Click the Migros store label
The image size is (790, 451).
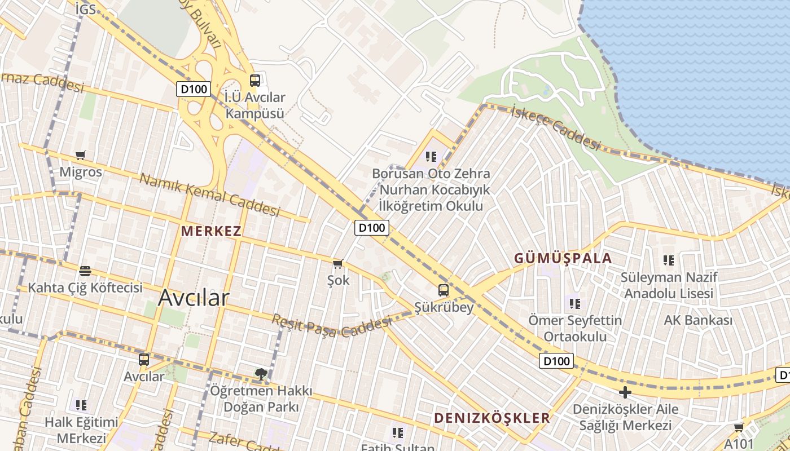click(x=81, y=172)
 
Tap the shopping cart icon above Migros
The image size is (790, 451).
click(x=81, y=155)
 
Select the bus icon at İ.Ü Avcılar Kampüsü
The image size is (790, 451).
click(x=255, y=80)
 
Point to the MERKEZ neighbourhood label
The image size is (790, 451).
click(x=211, y=231)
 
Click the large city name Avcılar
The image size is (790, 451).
click(x=194, y=298)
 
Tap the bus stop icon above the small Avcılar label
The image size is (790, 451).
click(x=144, y=359)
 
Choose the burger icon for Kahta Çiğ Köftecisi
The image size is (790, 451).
click(x=85, y=271)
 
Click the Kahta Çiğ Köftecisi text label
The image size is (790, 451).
click(x=85, y=288)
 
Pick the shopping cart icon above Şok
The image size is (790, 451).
click(x=338, y=264)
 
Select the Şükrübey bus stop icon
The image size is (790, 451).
click(x=444, y=290)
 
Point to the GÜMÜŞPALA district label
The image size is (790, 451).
click(x=563, y=258)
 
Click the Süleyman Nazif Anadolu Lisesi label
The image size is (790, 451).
click(x=669, y=285)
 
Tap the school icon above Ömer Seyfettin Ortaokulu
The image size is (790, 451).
click(x=575, y=304)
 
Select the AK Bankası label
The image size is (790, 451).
click(x=698, y=320)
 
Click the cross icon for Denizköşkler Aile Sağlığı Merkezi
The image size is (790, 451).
click(x=625, y=392)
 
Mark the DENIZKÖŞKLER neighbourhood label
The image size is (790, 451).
click(x=491, y=418)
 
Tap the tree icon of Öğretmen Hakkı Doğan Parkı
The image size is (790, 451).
click(x=261, y=373)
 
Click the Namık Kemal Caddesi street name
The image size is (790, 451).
click(x=209, y=195)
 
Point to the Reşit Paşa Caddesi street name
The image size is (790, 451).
click(x=331, y=326)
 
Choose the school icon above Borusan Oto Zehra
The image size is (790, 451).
click(x=432, y=156)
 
